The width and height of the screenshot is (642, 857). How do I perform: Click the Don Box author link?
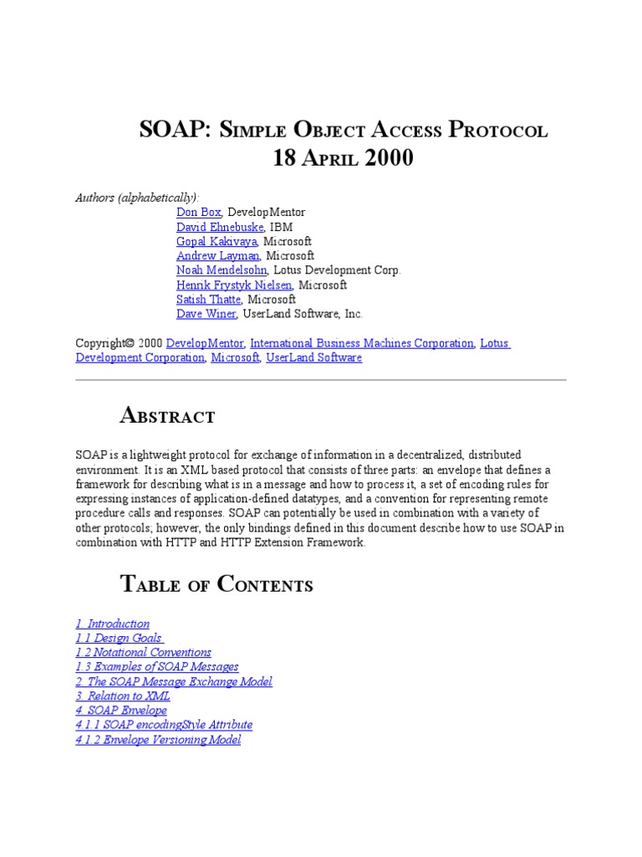click(198, 213)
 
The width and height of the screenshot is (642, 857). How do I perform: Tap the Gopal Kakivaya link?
click(217, 241)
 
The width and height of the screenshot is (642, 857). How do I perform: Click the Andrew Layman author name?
click(217, 256)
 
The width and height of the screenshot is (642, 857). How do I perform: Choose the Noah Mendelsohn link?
click(222, 270)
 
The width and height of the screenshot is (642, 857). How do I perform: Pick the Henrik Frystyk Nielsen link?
click(234, 285)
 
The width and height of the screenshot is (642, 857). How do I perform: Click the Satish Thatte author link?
click(209, 300)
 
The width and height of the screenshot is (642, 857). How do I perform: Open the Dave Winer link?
click(206, 314)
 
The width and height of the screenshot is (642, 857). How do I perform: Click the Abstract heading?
click(168, 415)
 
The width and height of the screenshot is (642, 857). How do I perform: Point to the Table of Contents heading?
click(217, 584)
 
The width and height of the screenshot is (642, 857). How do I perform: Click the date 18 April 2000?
click(343, 158)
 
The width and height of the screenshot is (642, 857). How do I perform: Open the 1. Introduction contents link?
click(113, 624)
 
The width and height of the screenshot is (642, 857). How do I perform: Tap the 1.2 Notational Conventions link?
click(143, 652)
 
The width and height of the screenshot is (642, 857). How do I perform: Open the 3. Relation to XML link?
click(123, 696)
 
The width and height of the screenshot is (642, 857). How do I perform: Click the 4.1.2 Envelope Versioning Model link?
click(158, 740)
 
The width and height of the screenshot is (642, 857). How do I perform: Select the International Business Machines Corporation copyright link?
click(362, 343)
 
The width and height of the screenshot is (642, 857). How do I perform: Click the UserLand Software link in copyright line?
click(313, 357)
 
